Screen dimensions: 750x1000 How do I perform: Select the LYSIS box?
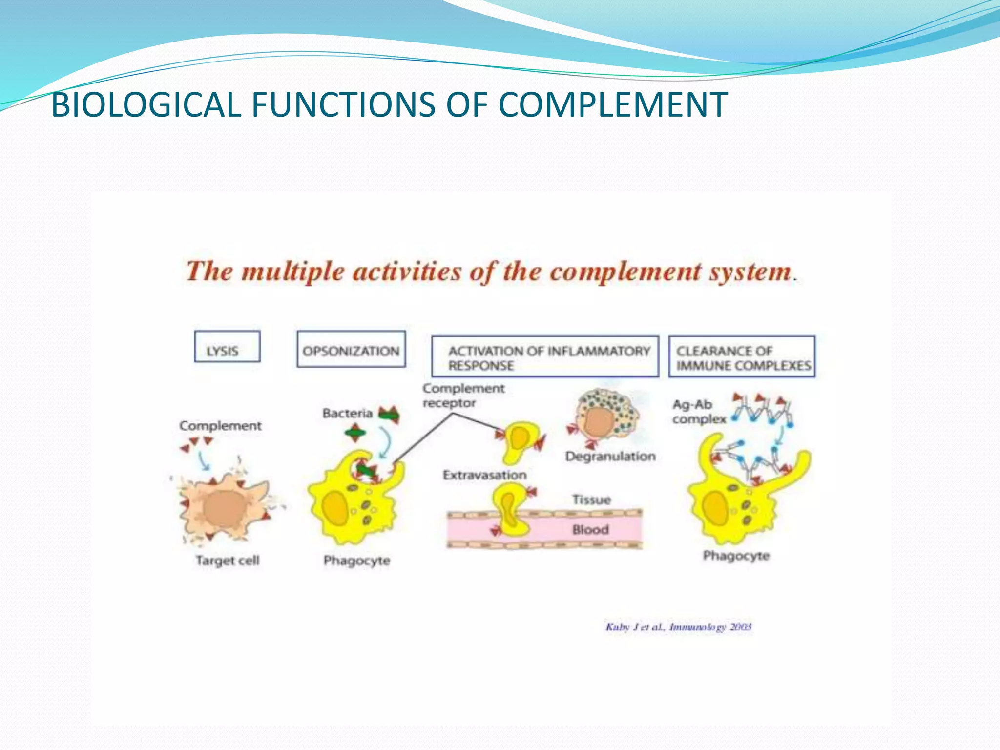click(x=227, y=347)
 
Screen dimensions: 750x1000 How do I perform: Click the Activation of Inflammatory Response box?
click(x=545, y=356)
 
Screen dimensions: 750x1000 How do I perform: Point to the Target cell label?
click(x=228, y=560)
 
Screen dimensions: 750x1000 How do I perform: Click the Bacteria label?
click(x=347, y=414)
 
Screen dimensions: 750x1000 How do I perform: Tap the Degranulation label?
click(x=610, y=456)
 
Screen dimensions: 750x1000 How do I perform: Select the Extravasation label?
click(x=484, y=475)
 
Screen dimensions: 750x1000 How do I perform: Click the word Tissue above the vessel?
click(x=591, y=500)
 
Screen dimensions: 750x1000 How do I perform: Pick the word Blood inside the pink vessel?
click(x=590, y=529)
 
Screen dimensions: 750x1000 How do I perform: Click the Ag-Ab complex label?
click(x=698, y=412)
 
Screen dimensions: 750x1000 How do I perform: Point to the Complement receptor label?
click(x=463, y=396)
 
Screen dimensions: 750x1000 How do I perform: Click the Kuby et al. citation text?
click(x=678, y=627)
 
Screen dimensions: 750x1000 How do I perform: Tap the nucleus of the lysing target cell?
click(x=225, y=508)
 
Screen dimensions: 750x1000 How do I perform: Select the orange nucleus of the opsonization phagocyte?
click(x=336, y=508)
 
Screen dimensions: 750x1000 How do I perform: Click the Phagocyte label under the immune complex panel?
click(x=736, y=556)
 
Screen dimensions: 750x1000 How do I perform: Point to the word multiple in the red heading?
click(x=293, y=271)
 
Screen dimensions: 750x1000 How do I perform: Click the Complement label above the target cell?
click(x=220, y=426)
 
